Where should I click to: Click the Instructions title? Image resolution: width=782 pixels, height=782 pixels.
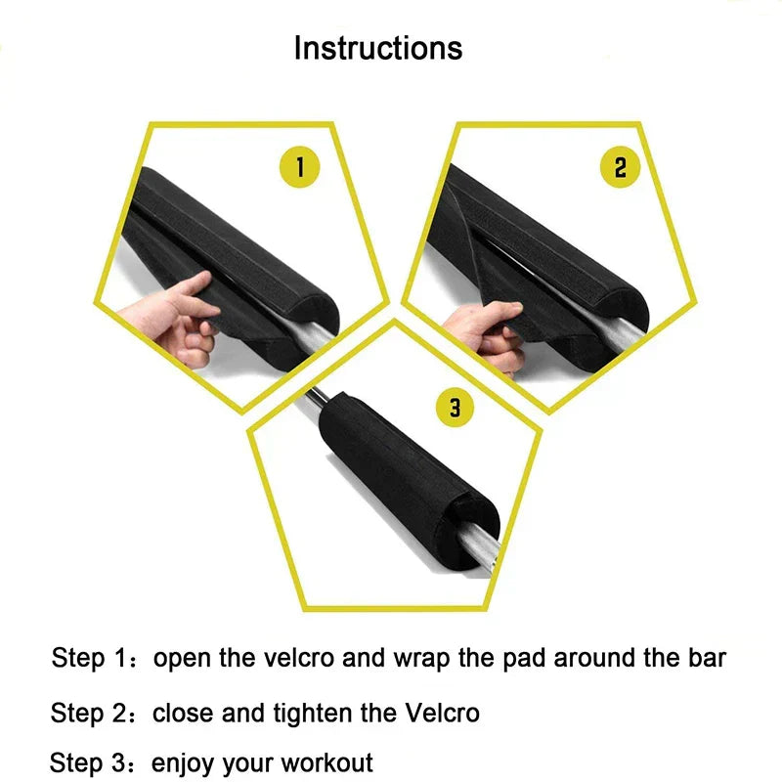click(x=378, y=48)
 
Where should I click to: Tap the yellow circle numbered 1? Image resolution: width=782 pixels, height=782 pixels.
click(x=300, y=168)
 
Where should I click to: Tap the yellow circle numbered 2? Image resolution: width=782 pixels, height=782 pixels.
click(x=620, y=168)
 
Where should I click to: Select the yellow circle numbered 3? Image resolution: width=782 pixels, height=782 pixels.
click(x=455, y=407)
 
